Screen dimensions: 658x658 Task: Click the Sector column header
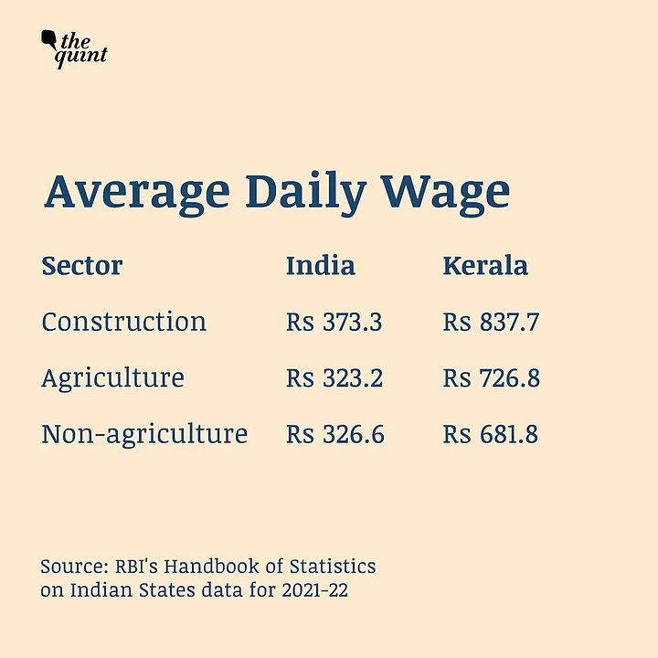pos(81,266)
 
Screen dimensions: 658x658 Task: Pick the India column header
pos(320,266)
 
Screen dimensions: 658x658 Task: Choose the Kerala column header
pos(485,266)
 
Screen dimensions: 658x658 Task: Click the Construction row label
pos(123,322)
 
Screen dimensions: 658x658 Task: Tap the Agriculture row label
pos(112,377)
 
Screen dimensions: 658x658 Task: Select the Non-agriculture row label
pos(144,434)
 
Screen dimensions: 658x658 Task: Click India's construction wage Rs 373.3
pos(334,322)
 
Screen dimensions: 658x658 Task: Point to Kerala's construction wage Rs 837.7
pos(492,322)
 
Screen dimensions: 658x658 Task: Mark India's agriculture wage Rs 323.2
pos(334,377)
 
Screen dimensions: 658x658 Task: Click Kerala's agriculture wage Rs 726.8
pos(492,377)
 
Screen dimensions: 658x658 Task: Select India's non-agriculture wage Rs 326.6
pos(334,434)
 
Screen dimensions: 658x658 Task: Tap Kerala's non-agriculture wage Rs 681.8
pos(491,434)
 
